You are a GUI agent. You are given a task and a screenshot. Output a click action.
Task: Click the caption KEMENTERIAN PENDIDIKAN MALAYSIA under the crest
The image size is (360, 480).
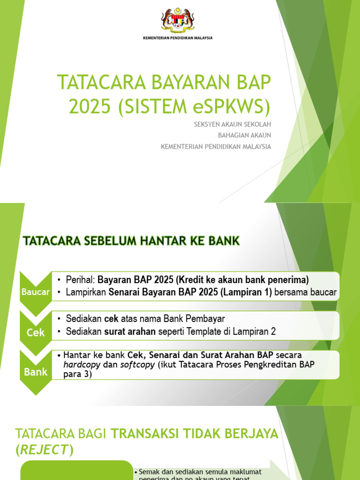coord(178,38)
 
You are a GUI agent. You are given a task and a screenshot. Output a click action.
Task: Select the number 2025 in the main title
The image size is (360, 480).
coord(90,106)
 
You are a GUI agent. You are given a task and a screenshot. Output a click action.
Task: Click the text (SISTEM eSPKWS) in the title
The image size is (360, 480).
coord(195,106)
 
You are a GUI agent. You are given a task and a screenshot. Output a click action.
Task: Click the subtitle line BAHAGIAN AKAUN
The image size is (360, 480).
coord(244,135)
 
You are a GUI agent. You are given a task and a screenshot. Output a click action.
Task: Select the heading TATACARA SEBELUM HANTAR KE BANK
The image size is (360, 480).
coord(131,241)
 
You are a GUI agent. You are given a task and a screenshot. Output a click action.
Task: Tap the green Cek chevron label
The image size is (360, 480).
coord(35,332)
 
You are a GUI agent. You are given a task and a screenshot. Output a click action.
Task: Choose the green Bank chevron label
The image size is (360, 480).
coord(35,372)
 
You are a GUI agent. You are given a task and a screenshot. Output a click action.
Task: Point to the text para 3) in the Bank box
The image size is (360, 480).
coord(77,375)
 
